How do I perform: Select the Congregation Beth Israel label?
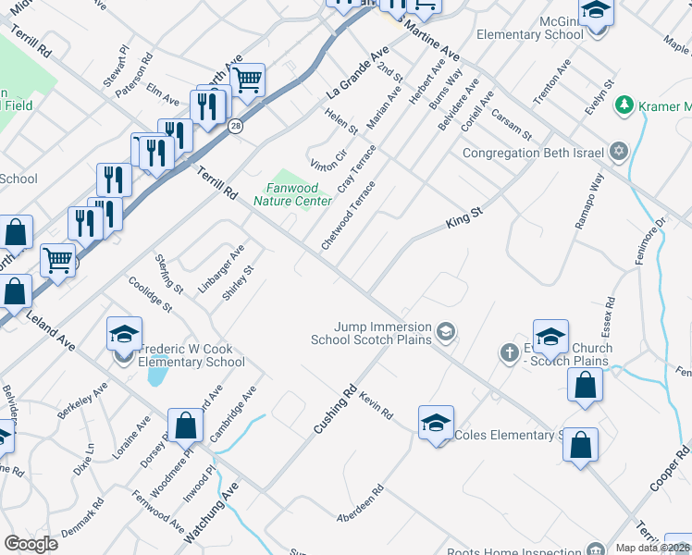533,153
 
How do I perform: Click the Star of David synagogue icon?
618,152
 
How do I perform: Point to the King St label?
464,219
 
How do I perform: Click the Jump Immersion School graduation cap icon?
446,332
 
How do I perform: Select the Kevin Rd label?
377,403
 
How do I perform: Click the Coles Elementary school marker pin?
436,425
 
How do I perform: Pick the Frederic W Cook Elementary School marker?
124,336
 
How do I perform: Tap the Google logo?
31,544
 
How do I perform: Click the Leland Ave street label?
55,328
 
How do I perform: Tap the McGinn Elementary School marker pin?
597,12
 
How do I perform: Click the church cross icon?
508,351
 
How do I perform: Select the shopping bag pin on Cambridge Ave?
186,426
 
